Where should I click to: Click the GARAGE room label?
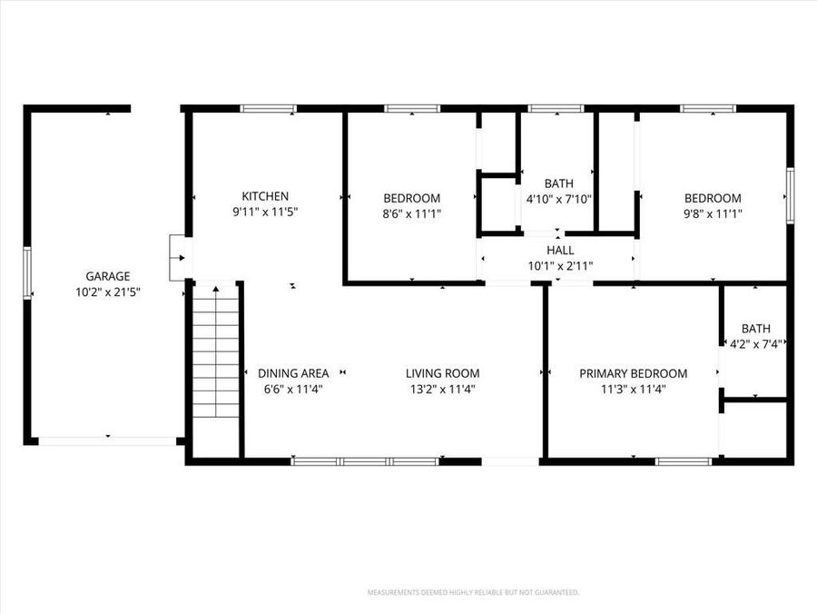(108, 276)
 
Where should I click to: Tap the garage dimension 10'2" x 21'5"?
(108, 292)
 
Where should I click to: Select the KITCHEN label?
(265, 196)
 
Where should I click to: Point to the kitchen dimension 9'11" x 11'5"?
(265, 212)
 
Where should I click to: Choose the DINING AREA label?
(293, 373)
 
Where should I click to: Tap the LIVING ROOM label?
(442, 373)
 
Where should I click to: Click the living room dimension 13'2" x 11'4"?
(442, 389)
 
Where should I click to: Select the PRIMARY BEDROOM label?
(634, 373)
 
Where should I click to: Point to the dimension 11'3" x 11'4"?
(634, 389)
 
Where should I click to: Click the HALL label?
(560, 251)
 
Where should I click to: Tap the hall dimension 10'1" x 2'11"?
(560, 265)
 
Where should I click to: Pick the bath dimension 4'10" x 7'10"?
(558, 199)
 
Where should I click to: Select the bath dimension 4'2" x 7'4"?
(756, 343)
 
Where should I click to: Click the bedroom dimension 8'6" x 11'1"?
(411, 213)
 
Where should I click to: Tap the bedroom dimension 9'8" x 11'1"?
(712, 213)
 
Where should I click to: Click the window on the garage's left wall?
(27, 272)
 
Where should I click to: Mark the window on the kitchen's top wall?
(268, 109)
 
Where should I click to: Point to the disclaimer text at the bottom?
(472, 592)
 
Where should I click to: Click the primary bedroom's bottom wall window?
(683, 461)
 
